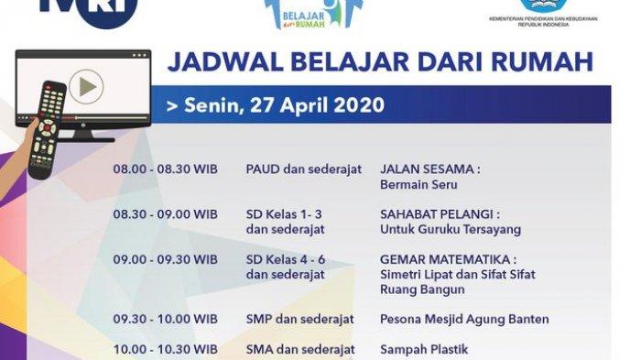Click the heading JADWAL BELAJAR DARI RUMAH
[x=379, y=62]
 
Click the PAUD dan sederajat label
[x=303, y=169]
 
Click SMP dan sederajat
[x=299, y=320]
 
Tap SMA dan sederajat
[x=299, y=349]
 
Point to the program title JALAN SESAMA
[x=429, y=169]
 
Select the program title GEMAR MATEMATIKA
[x=448, y=259]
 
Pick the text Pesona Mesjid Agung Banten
[x=464, y=320]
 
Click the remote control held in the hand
[x=48, y=128]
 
